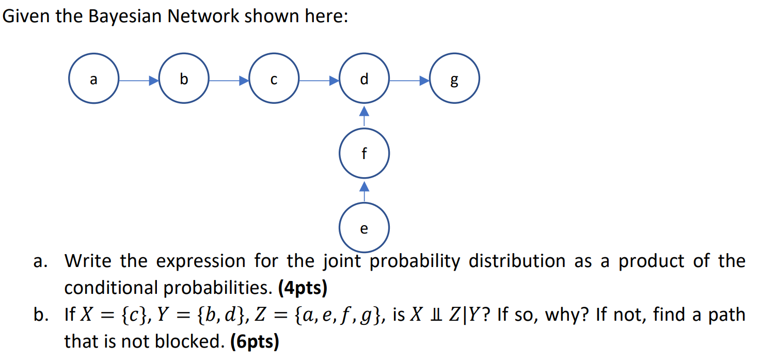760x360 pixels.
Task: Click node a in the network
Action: point(93,81)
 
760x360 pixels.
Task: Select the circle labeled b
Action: point(184,81)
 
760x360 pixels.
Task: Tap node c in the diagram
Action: point(274,81)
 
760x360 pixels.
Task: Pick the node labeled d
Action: point(364,81)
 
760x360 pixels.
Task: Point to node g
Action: point(454,81)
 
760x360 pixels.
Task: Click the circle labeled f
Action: point(364,153)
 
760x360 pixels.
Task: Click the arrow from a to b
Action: point(138,81)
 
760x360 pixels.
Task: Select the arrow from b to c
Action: point(229,81)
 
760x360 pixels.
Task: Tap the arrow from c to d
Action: point(319,81)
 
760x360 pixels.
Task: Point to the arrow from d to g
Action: point(409,81)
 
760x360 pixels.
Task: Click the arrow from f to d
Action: point(364,117)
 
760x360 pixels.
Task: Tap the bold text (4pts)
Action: point(303,288)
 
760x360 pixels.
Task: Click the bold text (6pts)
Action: point(254,342)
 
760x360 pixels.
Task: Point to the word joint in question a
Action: point(344,261)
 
